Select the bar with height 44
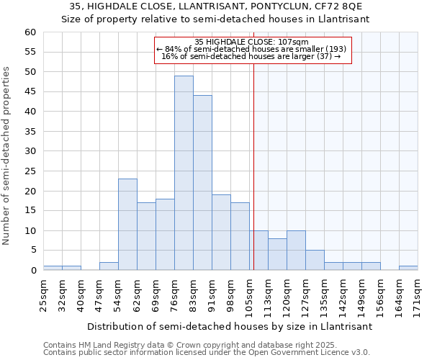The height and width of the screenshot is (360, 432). [x=202, y=183]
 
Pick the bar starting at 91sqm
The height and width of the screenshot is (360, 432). [x=221, y=233]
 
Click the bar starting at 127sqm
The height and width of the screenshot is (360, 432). [x=315, y=260]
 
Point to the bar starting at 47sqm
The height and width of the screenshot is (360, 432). [x=109, y=266]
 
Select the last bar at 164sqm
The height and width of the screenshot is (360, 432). [x=408, y=269]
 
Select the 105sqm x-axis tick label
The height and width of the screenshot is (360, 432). [x=249, y=293]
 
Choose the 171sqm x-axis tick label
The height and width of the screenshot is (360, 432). [x=418, y=293]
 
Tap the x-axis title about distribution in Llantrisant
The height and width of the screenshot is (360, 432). [x=230, y=326]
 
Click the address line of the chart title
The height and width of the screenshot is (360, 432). [x=216, y=6]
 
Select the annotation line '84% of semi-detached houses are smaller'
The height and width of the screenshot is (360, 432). [x=252, y=49]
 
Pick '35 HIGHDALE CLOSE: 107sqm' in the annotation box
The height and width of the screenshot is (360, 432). [x=252, y=42]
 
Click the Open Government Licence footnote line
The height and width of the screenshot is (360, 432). [x=207, y=352]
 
